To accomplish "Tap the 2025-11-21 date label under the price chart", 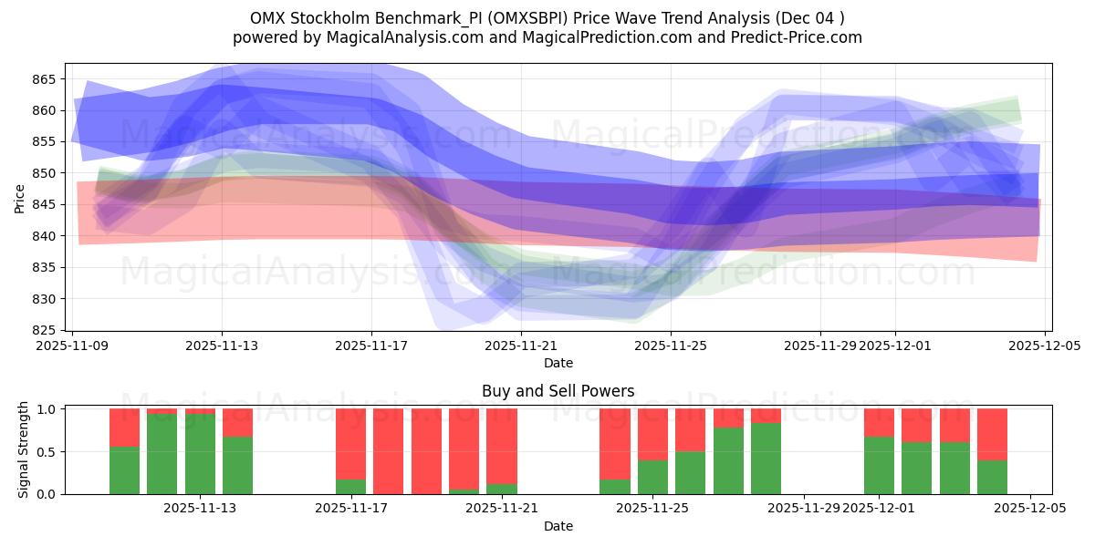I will click(x=521, y=346).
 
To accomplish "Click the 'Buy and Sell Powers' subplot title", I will click(x=558, y=392).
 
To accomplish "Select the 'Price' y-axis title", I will click(x=20, y=198).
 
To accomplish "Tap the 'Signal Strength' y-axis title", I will click(x=24, y=450).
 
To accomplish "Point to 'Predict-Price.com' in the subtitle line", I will click(x=798, y=37).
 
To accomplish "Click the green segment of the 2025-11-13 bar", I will click(x=200, y=454).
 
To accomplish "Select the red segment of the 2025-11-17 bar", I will click(x=350, y=443).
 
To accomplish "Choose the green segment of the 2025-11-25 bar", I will click(x=652, y=477).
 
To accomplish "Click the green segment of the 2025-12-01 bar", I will click(x=879, y=466).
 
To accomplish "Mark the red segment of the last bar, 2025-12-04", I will click(x=992, y=434).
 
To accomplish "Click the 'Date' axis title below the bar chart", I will click(x=558, y=526).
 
